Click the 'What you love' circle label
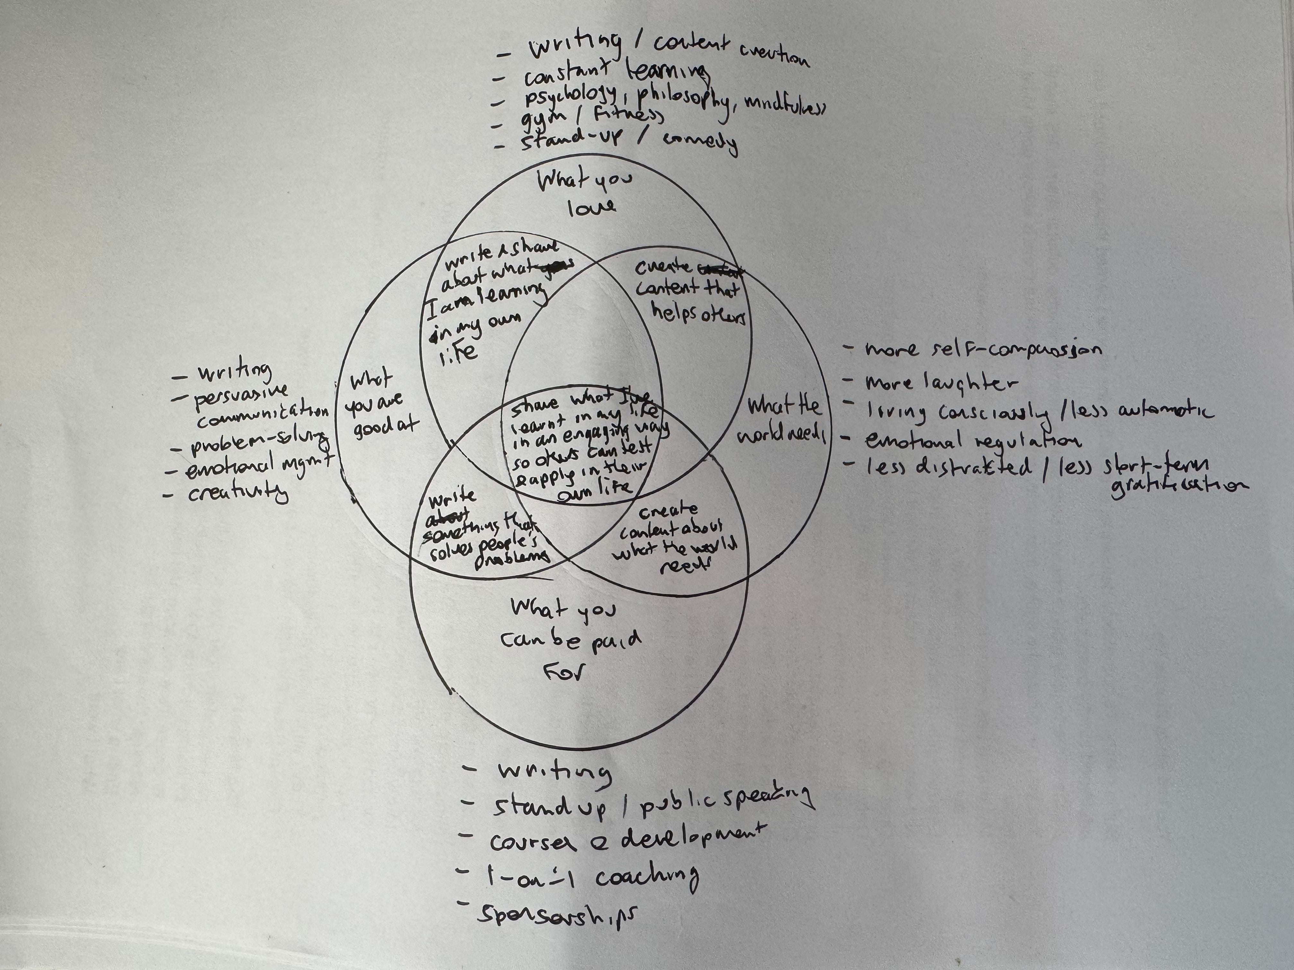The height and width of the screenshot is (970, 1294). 585,193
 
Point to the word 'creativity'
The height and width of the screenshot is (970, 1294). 237,493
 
